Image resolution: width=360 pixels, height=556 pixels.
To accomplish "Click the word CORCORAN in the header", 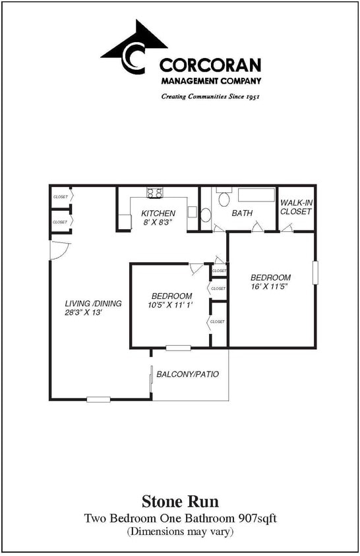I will click(210, 65).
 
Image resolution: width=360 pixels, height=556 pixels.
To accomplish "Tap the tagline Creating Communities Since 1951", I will click(210, 96).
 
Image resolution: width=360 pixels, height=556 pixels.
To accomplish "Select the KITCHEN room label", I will click(158, 213).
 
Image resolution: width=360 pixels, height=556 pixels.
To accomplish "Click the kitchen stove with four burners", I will click(155, 193).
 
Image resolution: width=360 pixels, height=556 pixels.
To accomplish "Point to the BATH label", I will click(242, 213).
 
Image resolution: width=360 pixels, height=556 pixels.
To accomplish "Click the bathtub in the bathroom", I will click(256, 196).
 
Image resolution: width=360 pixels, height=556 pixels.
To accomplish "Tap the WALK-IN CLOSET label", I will click(295, 207).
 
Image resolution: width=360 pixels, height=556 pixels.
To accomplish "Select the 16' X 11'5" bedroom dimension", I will click(270, 287).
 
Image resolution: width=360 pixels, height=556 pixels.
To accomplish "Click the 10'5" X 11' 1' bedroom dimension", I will click(171, 305).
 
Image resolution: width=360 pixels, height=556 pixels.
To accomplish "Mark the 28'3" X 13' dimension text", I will click(83, 312).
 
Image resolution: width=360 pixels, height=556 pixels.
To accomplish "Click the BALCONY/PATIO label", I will click(187, 374).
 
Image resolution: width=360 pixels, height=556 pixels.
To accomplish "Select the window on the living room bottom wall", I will click(98, 399).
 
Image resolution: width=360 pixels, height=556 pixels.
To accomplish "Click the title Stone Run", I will click(180, 503).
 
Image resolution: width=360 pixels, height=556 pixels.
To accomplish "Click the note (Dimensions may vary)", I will click(180, 531).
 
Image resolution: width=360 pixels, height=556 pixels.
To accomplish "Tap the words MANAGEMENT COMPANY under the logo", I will click(210, 81).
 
